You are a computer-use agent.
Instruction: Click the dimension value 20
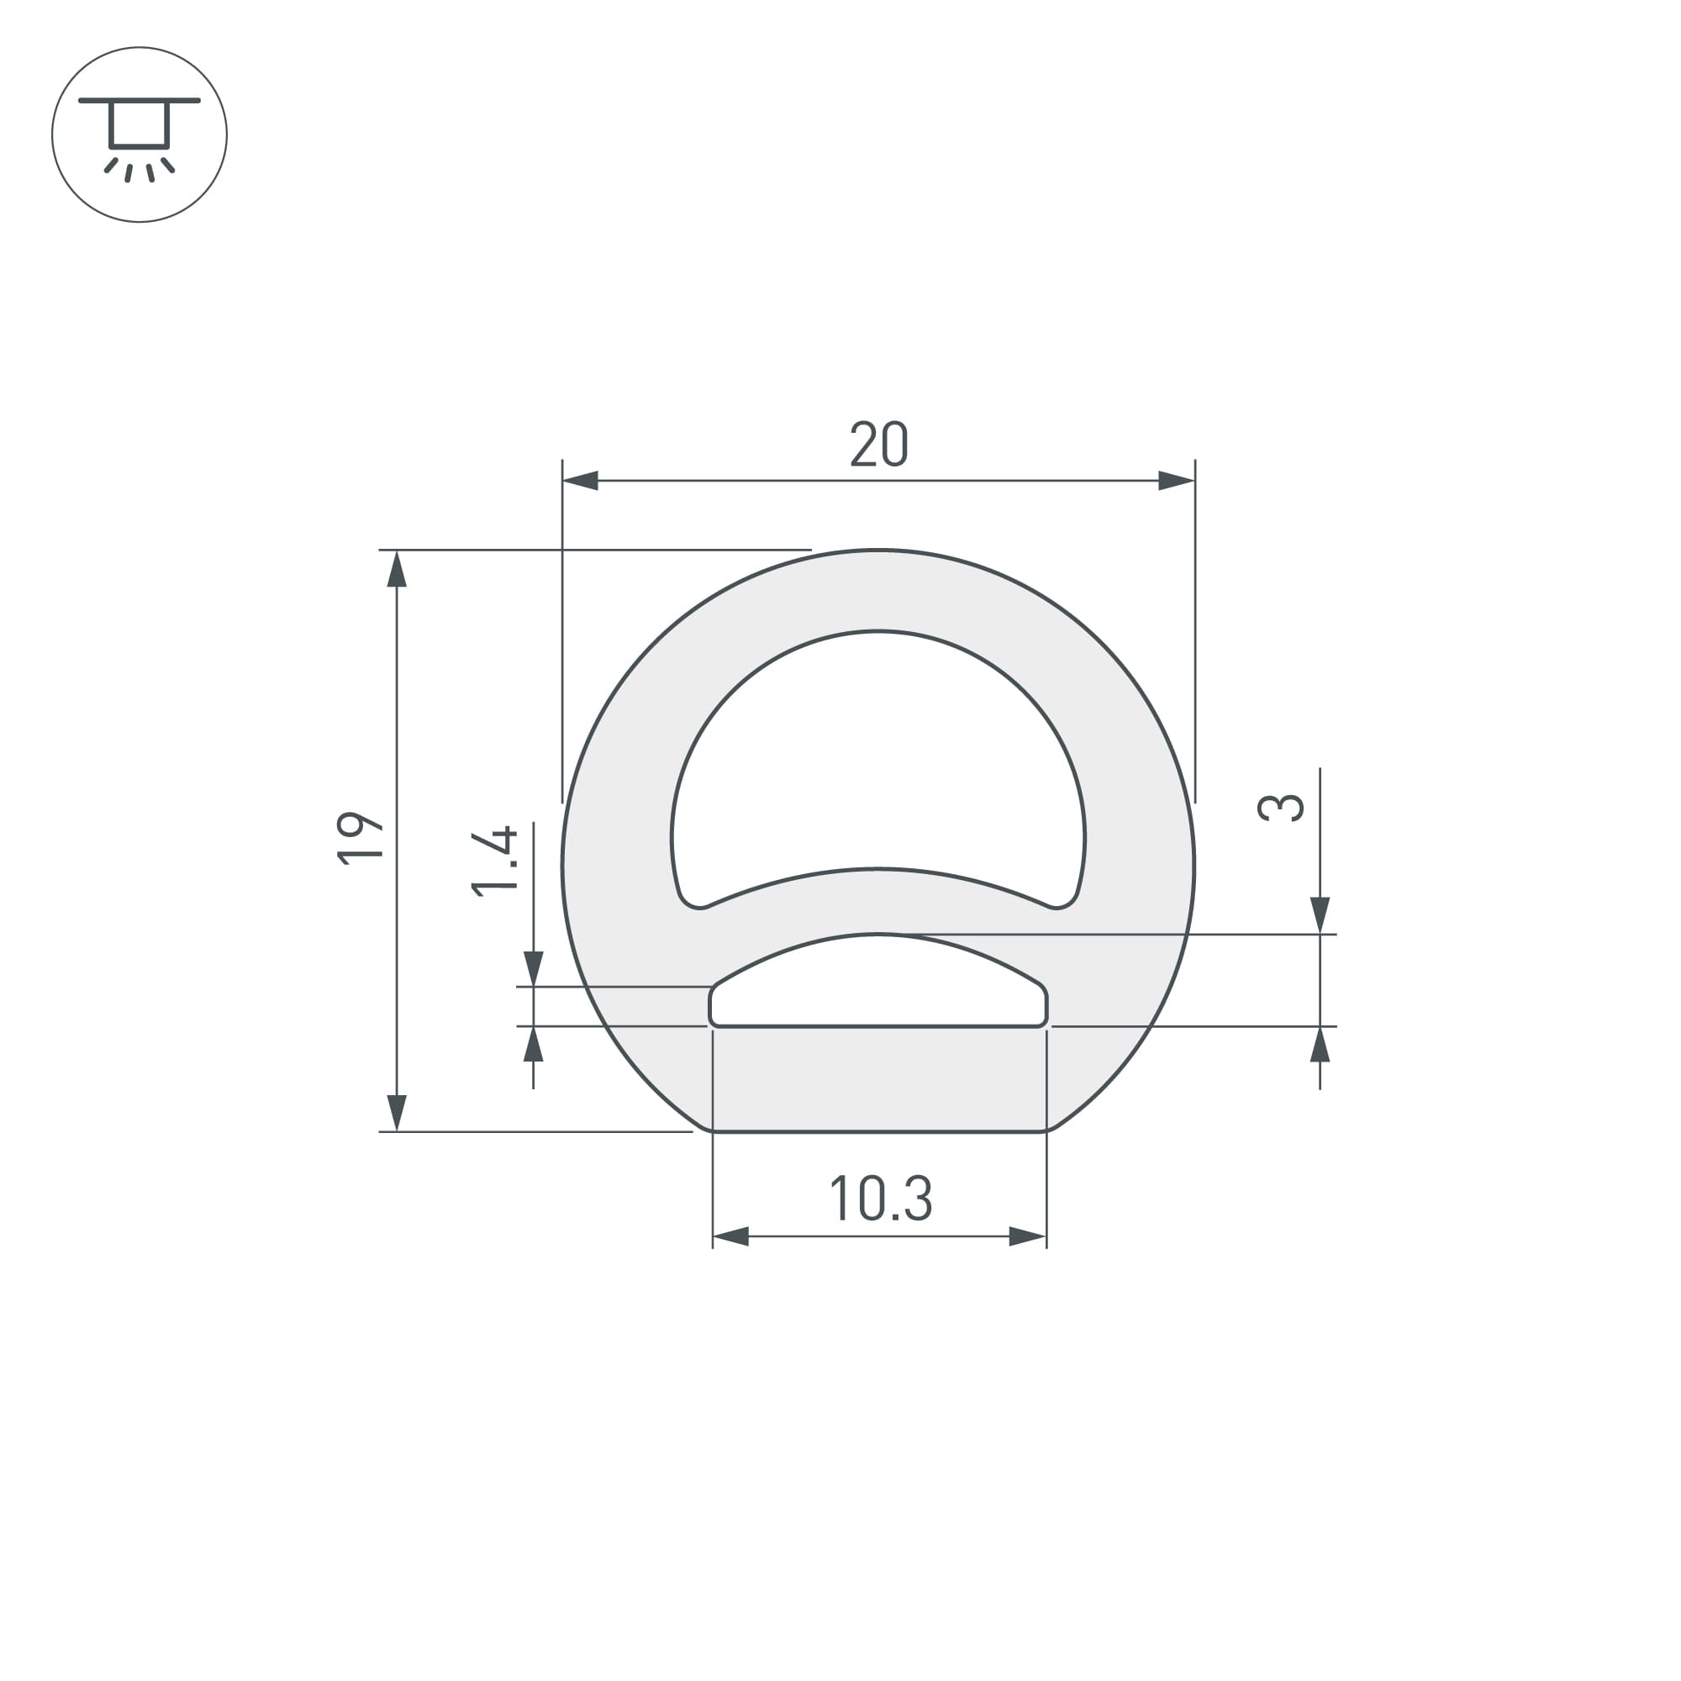[x=879, y=444]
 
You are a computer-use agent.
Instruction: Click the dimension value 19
[x=360, y=839]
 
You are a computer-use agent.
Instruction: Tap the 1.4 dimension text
[x=494, y=862]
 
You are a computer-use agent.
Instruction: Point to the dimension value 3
[x=1282, y=809]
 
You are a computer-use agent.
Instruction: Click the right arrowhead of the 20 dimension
[x=1177, y=480]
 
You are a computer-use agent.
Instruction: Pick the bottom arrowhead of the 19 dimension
[x=397, y=1113]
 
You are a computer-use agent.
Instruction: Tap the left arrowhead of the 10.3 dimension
[x=731, y=1236]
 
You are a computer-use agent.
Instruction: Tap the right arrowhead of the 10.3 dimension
[x=1028, y=1236]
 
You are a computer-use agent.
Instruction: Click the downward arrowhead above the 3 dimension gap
[x=1320, y=915]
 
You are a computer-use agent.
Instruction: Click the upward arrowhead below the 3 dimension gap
[x=1320, y=1045]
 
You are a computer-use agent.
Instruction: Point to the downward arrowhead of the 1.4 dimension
[x=534, y=968]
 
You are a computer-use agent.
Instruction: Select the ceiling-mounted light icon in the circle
[x=140, y=134]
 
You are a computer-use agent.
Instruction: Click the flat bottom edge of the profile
[x=879, y=1131]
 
